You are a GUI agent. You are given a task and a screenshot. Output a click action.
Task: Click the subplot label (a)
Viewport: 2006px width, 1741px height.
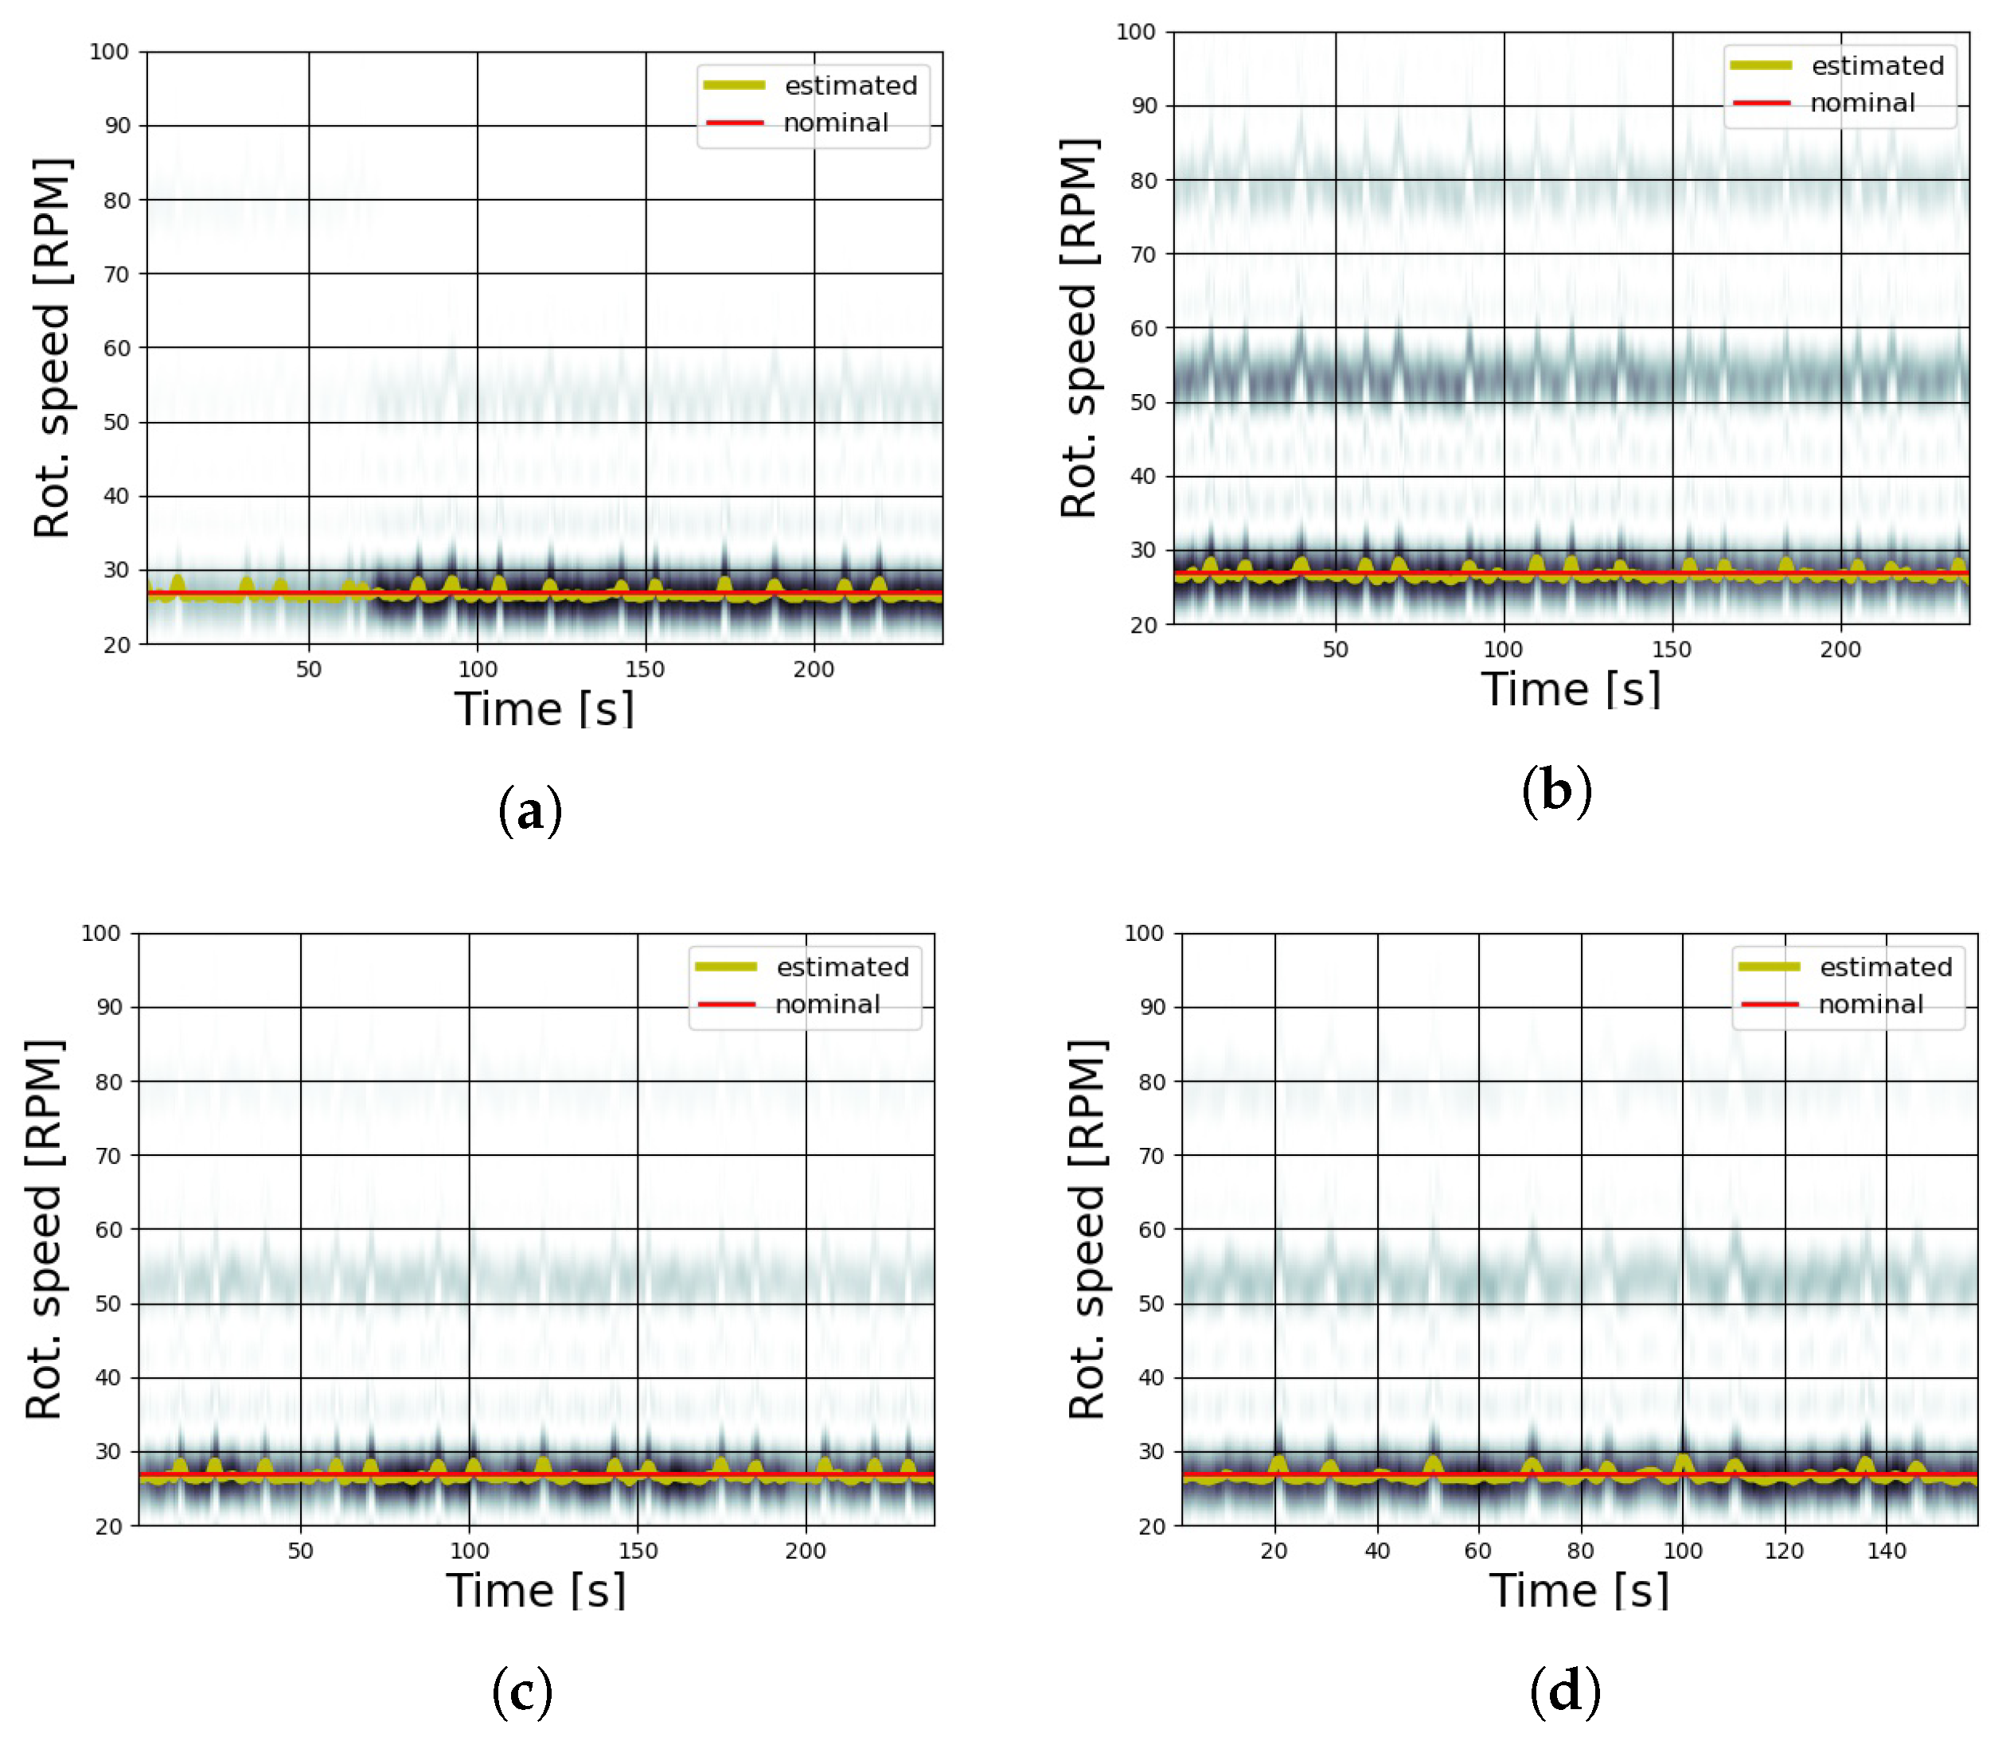click(x=529, y=811)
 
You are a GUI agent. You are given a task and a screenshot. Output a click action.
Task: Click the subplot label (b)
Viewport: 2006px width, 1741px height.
click(x=1556, y=790)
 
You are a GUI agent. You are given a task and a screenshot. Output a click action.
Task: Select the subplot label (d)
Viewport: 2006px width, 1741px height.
click(x=1565, y=1692)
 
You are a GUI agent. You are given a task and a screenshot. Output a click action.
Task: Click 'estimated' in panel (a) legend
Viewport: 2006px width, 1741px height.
click(x=850, y=85)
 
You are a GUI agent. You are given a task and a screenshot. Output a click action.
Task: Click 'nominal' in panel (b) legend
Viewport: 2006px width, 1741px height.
click(x=1861, y=103)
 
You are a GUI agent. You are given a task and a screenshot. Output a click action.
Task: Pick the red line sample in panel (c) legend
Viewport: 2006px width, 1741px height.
click(x=727, y=1004)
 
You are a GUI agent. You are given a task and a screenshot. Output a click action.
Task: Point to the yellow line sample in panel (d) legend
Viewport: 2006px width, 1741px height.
click(x=1769, y=966)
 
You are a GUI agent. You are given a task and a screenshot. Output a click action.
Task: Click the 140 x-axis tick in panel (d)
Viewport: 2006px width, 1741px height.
click(x=1886, y=1551)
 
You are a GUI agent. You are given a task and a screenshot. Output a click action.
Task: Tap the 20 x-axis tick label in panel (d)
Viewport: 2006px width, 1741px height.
click(x=1274, y=1551)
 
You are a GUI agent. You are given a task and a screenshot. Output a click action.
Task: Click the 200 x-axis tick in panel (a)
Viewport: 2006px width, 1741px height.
click(x=813, y=669)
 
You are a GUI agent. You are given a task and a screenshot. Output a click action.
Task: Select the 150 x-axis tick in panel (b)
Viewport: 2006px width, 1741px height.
click(x=1671, y=649)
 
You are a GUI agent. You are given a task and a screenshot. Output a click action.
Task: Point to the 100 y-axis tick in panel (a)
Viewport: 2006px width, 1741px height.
click(x=109, y=52)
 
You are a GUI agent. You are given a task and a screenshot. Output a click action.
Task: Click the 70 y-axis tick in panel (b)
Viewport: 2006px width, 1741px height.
click(x=1143, y=255)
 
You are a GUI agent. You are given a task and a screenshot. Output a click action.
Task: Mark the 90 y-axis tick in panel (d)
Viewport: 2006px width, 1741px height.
click(x=1151, y=1008)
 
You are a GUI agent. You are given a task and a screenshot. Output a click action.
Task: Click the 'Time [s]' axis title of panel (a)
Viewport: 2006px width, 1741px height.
click(x=544, y=709)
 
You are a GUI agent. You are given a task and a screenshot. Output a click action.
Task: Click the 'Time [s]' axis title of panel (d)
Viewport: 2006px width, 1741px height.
click(x=1579, y=1591)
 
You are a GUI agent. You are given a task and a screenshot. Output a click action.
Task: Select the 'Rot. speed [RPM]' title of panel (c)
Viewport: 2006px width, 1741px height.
click(x=45, y=1229)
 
